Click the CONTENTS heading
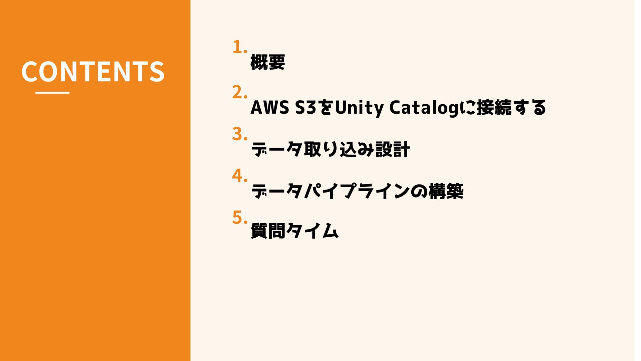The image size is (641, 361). point(93,71)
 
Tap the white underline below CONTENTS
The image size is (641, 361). point(52,93)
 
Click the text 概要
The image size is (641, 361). point(267,63)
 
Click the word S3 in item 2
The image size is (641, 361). point(306,108)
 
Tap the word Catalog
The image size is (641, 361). point(424,108)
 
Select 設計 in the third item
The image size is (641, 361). point(393,149)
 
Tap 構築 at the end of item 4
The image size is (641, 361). point(446,191)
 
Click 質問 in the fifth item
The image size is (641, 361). point(268,231)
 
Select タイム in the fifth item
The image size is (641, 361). point(312,231)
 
